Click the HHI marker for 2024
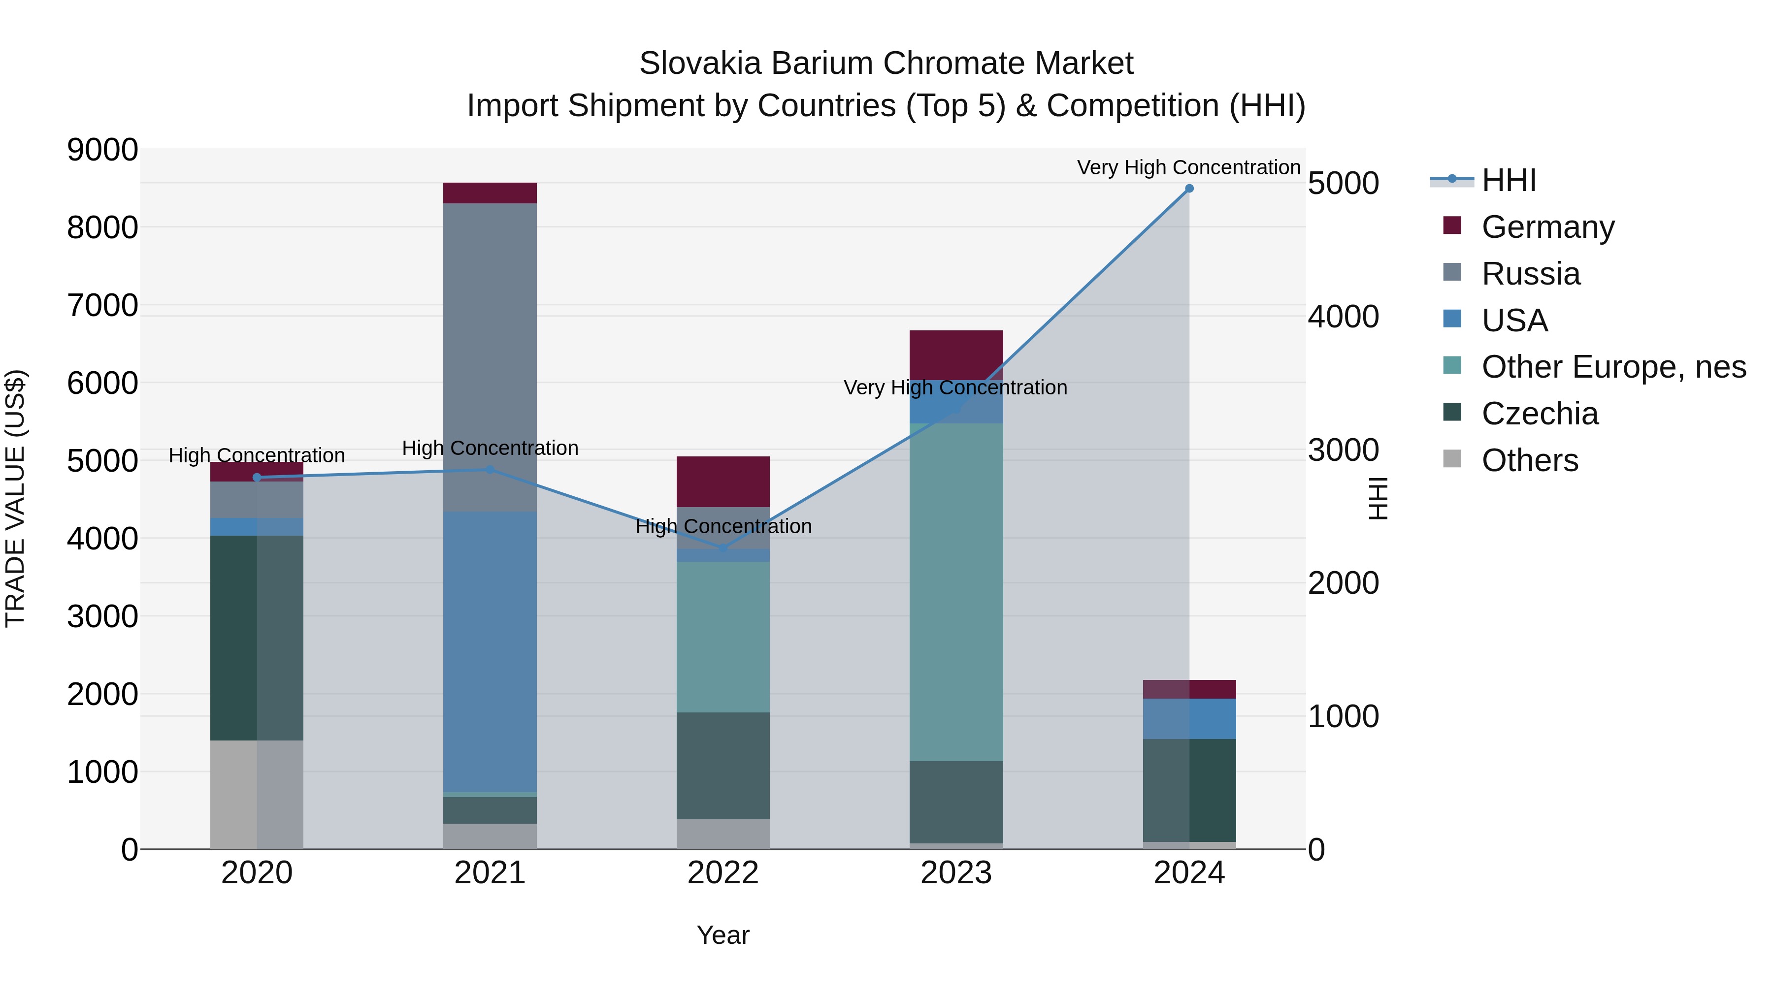(1189, 189)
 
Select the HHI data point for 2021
(490, 470)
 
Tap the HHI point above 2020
(257, 478)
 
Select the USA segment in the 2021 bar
(490, 651)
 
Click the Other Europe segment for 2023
(956, 592)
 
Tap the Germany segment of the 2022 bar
(722, 482)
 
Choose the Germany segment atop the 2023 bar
(956, 354)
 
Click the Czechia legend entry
(1539, 414)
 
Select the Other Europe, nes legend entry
(1612, 367)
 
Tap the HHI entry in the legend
(1508, 180)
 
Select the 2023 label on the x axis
(956, 873)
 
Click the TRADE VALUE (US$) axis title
(15, 498)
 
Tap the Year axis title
(722, 935)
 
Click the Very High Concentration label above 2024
(1189, 167)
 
